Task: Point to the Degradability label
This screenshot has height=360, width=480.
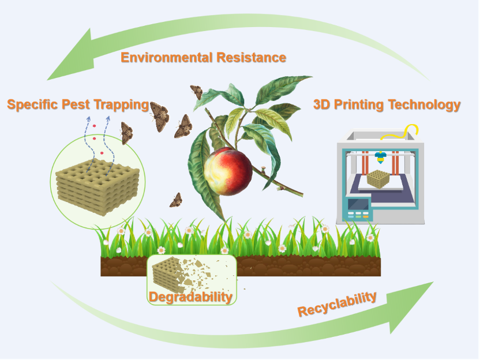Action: point(191,297)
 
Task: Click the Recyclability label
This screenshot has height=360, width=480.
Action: point(337,304)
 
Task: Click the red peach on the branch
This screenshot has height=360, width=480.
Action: point(228,171)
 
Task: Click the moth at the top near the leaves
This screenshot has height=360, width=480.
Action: point(197,92)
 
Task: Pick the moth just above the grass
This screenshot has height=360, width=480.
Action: point(176,200)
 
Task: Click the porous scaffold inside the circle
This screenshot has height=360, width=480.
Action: point(97,185)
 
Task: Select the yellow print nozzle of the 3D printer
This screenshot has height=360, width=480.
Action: point(380,156)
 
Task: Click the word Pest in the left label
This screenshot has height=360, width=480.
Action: point(83,104)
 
